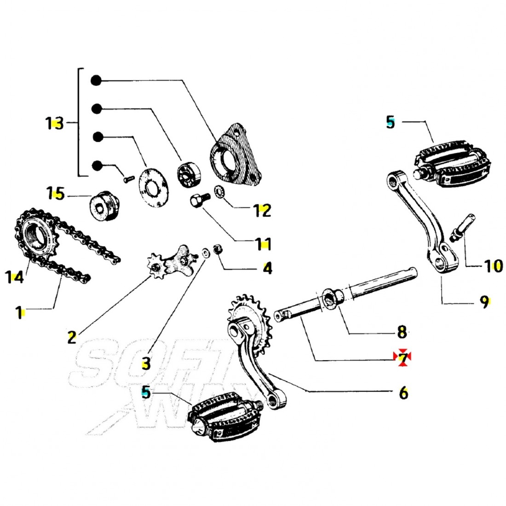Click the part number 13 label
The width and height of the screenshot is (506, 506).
tap(54, 123)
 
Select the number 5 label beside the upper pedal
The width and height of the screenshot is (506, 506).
tap(391, 123)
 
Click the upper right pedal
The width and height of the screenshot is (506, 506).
tap(453, 166)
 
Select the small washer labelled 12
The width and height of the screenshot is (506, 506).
tap(220, 190)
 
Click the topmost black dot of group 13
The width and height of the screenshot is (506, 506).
tap(96, 80)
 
